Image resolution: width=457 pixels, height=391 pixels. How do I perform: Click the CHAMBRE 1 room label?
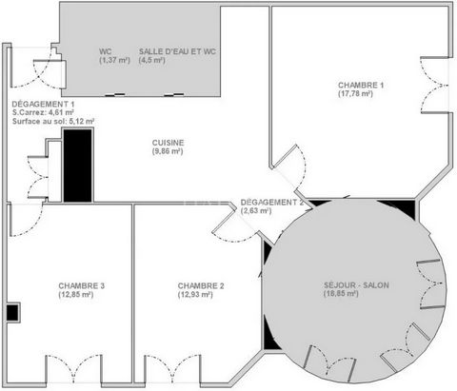point(361,86)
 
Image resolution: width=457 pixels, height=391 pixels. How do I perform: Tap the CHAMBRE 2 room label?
point(201,286)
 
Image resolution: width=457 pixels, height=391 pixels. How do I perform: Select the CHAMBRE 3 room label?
point(82,286)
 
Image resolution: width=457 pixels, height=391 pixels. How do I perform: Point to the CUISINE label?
point(168,143)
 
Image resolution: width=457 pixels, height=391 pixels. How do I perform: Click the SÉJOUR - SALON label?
point(356,285)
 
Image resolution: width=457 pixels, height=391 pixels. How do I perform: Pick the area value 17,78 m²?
point(355,94)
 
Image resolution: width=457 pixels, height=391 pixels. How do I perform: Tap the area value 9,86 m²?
point(168,151)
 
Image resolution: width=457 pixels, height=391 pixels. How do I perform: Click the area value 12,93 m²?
point(195,295)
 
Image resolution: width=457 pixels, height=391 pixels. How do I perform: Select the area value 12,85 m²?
point(76,295)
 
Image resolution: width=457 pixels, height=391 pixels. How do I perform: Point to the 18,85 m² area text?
point(341,294)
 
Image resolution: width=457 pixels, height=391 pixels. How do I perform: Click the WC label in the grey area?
point(106,51)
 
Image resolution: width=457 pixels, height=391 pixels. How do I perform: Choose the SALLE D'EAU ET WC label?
point(177,51)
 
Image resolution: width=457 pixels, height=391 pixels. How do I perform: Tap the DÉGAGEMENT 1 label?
point(44,104)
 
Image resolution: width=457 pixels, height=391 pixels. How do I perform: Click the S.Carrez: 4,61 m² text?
point(44,112)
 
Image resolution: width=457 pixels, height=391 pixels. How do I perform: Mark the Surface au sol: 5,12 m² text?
point(53,121)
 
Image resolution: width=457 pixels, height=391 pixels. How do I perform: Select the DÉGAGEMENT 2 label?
point(272,203)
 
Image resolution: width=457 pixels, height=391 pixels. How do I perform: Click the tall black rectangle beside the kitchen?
point(78,166)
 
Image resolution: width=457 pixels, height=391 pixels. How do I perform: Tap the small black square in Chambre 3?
point(12,313)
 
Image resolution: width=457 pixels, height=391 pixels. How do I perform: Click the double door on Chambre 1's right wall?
point(435,85)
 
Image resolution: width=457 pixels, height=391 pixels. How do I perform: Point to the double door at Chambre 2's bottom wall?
point(173,369)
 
